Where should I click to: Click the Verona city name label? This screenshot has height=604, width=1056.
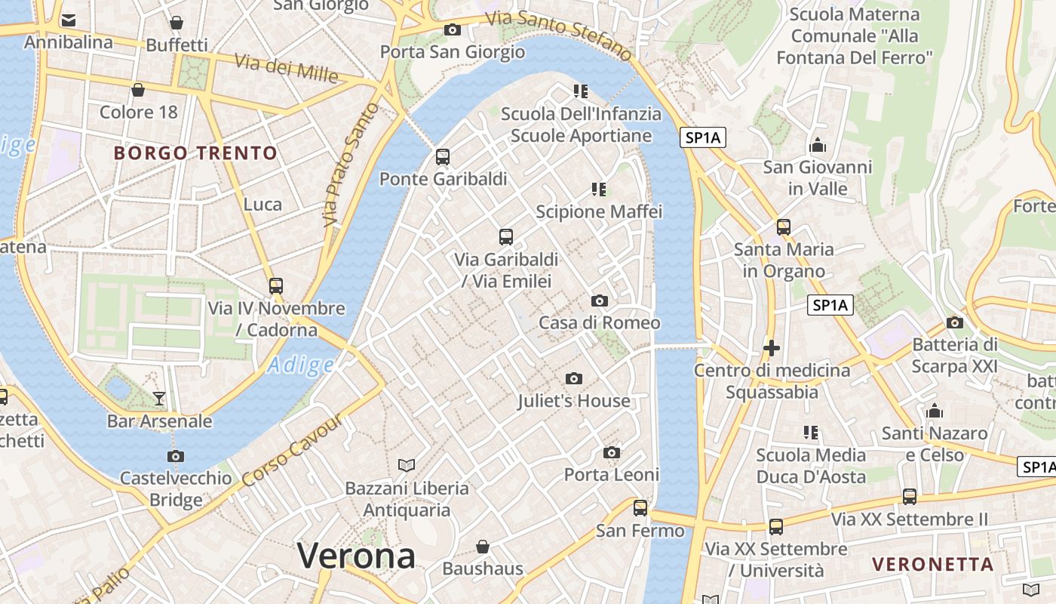356,556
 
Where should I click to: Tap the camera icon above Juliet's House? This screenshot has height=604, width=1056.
574,378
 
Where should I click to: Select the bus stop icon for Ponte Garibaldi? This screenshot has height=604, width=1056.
443,157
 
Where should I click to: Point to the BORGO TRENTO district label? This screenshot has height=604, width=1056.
195,153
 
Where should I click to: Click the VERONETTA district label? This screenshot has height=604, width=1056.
933,564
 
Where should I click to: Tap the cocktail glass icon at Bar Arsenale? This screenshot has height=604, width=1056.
159,398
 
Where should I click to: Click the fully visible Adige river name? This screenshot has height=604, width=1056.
301,365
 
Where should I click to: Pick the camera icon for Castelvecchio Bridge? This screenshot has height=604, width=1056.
176,456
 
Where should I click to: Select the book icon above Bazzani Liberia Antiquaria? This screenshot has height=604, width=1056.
407,465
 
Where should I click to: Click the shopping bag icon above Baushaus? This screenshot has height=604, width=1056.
483,546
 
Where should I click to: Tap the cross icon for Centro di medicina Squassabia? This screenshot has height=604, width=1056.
771,348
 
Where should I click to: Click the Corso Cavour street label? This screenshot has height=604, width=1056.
291,451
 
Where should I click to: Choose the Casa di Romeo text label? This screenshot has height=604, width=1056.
599,323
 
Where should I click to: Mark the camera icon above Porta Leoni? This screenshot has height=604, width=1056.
612,452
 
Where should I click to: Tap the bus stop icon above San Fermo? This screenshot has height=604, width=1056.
640,508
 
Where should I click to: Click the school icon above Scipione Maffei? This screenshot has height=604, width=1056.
599,189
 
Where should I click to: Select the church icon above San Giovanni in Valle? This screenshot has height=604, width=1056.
817,144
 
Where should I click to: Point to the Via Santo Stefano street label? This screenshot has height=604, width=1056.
558,34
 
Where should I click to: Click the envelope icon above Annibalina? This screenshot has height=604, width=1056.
69,20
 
